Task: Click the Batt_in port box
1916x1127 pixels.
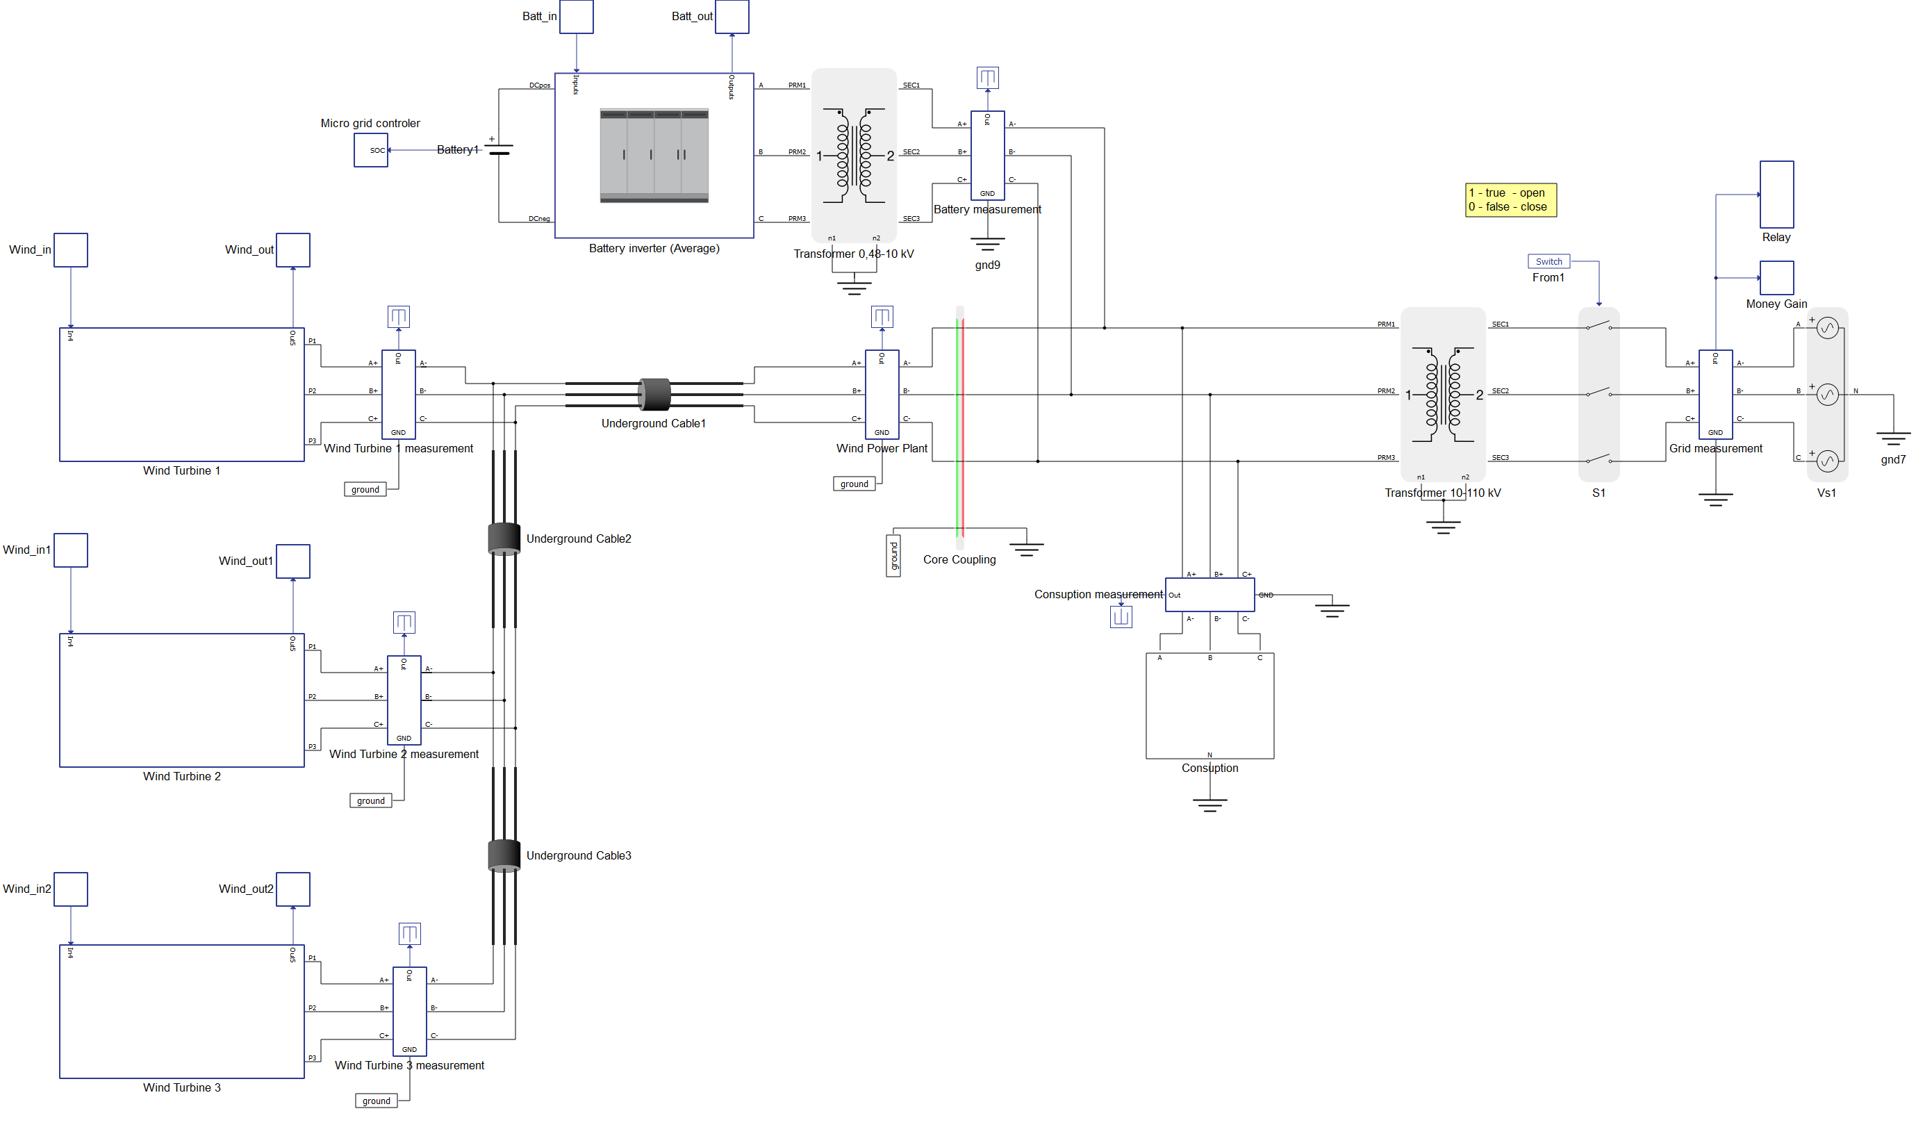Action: tap(577, 17)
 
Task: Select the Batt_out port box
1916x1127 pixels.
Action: tap(732, 17)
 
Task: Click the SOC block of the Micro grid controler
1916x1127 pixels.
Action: tap(371, 150)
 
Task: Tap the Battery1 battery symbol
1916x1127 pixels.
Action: tap(499, 149)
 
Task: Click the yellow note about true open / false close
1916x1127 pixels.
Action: tap(1510, 200)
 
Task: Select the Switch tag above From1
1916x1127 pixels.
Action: tap(1548, 261)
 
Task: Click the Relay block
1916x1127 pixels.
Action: tap(1776, 195)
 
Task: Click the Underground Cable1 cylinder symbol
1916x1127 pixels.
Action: tap(654, 394)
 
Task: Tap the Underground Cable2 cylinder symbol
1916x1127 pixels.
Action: tap(504, 538)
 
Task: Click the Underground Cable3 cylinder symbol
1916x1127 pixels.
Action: tap(504, 855)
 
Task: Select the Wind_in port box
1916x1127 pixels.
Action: tap(71, 250)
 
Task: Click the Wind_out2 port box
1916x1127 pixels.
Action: tap(292, 889)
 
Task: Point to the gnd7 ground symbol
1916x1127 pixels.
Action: tap(1892, 440)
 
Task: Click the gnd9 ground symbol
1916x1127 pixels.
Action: tap(987, 245)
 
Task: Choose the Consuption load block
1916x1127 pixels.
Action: tap(1209, 706)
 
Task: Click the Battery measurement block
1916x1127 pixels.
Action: tap(987, 156)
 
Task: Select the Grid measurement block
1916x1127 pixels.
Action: tap(1715, 394)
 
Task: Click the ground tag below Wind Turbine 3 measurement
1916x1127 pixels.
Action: tap(376, 1101)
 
